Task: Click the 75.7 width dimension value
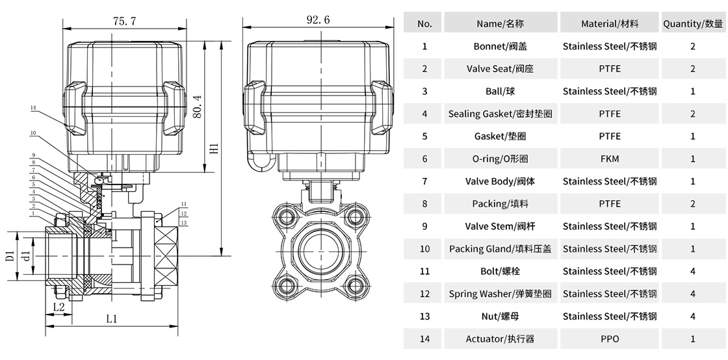pyautogui.click(x=124, y=21)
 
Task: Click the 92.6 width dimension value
pyautogui.click(x=318, y=20)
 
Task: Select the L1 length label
pyautogui.click(x=111, y=319)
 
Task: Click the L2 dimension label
pyautogui.click(x=58, y=305)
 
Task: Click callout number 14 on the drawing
pyautogui.click(x=34, y=107)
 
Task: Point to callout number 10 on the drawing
pyautogui.click(x=33, y=134)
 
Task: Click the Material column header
pyautogui.click(x=610, y=23)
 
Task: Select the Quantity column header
pyautogui.click(x=693, y=23)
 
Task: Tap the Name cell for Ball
pyautogui.click(x=499, y=91)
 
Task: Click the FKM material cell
pyautogui.click(x=610, y=159)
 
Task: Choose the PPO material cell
pyautogui.click(x=610, y=339)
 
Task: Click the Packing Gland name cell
pyautogui.click(x=499, y=249)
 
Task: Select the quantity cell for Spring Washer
pyautogui.click(x=693, y=294)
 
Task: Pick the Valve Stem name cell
pyautogui.click(x=499, y=226)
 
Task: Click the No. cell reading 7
pyautogui.click(x=424, y=181)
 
